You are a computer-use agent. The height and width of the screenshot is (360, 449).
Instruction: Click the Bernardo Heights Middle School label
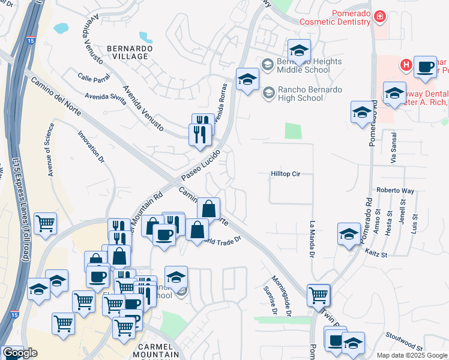(x=309, y=65)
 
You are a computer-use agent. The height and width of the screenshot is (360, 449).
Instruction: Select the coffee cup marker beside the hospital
(x=426, y=68)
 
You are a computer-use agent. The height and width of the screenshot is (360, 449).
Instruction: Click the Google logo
(x=20, y=353)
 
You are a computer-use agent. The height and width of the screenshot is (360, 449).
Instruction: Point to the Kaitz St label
(x=376, y=254)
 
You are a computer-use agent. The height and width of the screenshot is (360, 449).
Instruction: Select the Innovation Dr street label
(x=91, y=144)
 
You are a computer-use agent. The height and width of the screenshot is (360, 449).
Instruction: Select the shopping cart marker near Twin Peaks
(x=318, y=295)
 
